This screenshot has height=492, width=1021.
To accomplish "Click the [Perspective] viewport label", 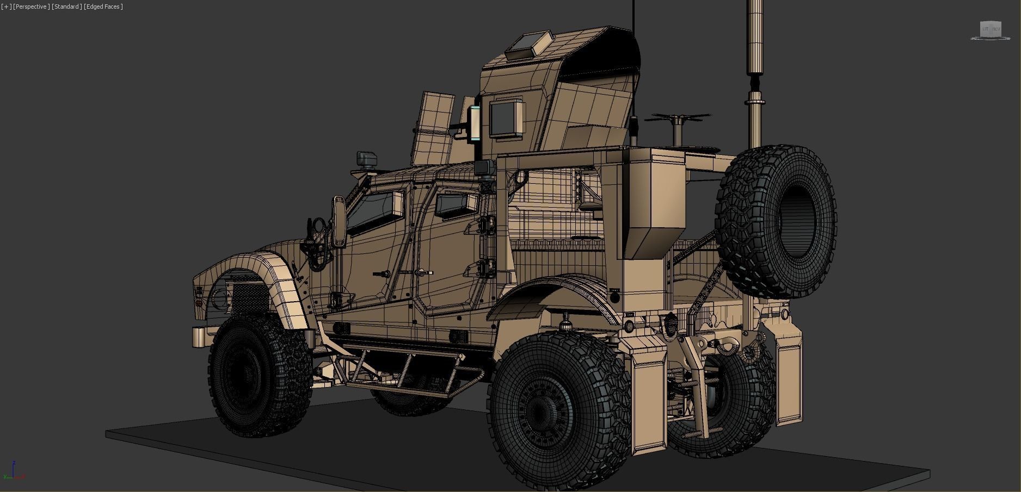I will click(x=32, y=7).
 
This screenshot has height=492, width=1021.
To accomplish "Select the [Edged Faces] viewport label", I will click(x=103, y=7).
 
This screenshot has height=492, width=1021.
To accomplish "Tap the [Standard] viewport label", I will click(x=67, y=7).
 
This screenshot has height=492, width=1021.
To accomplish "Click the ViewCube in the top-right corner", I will click(x=990, y=30).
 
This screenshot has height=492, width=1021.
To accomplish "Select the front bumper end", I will click(x=198, y=337).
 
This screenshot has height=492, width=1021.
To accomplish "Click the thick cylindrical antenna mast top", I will click(x=755, y=33).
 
